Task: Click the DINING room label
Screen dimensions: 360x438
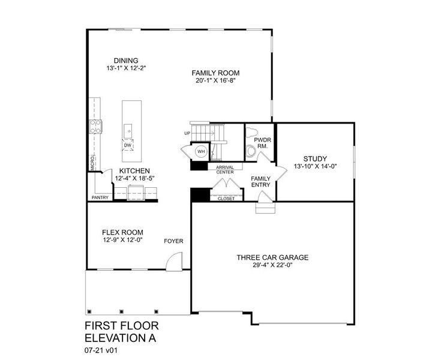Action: tap(127, 60)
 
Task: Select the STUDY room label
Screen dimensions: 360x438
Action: tap(315, 158)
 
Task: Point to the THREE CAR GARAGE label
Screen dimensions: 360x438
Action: tap(272, 257)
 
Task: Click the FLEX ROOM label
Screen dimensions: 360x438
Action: tap(122, 232)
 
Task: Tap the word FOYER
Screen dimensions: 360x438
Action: tap(174, 241)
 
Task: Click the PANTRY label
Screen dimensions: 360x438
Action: tap(100, 197)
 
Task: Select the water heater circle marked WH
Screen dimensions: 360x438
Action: tap(201, 151)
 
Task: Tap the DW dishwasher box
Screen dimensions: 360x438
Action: tap(127, 145)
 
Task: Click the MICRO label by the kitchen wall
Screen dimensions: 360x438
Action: tap(92, 163)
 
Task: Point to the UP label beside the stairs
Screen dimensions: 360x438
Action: tap(187, 133)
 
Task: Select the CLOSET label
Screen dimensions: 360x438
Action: tap(226, 198)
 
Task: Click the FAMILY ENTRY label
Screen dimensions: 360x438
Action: tap(260, 182)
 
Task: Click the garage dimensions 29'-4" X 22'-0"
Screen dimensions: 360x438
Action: tap(272, 265)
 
